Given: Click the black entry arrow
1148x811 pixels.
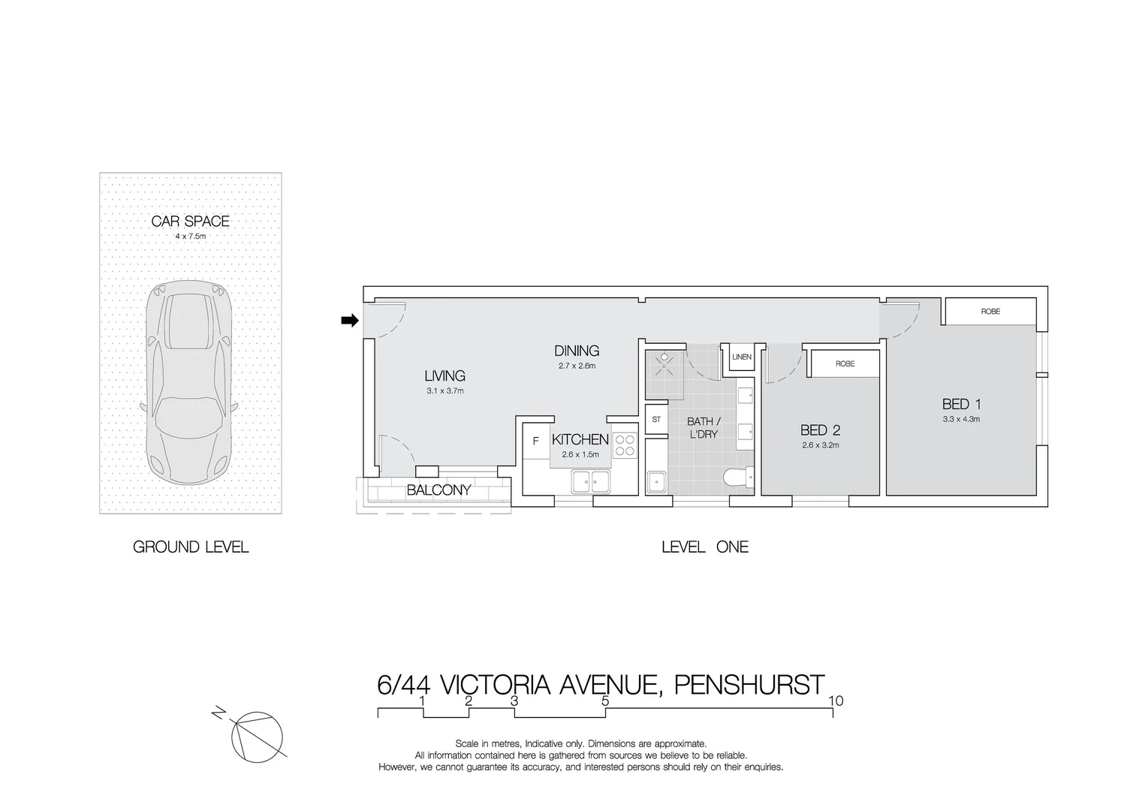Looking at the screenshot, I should click(349, 321).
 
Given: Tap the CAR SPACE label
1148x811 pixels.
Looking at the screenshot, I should click(190, 221).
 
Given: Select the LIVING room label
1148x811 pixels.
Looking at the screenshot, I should click(444, 375).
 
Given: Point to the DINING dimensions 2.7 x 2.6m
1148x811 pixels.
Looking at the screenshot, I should click(577, 366).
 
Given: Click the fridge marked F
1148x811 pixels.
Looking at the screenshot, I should click(536, 442).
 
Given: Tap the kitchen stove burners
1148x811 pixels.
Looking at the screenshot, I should click(625, 446).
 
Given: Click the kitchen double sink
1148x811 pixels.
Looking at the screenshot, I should click(590, 480).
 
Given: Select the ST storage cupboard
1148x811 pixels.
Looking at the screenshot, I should click(656, 419).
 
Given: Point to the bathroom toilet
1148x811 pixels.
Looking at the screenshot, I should click(740, 478).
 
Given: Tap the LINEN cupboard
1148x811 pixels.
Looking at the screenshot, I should click(741, 357).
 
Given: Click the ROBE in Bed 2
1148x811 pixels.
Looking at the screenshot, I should click(845, 363).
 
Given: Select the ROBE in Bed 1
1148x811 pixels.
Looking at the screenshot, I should click(990, 312).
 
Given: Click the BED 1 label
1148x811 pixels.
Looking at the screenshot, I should click(961, 404).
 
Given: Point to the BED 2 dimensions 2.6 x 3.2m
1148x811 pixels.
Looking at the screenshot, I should click(820, 445).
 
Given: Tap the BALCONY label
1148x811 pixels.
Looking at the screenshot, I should click(438, 490).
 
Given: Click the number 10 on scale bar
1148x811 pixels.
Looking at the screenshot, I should click(836, 701).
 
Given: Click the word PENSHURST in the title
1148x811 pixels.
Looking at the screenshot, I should click(749, 685).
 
